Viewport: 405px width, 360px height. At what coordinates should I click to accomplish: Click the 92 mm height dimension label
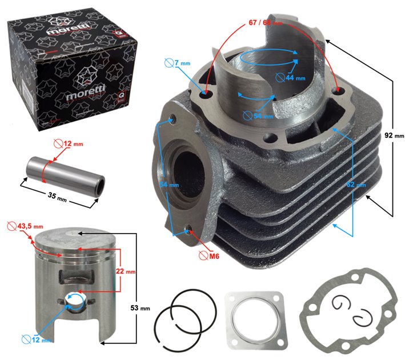pos(394,136)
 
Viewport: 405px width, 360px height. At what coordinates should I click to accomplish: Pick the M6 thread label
pos(211,255)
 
